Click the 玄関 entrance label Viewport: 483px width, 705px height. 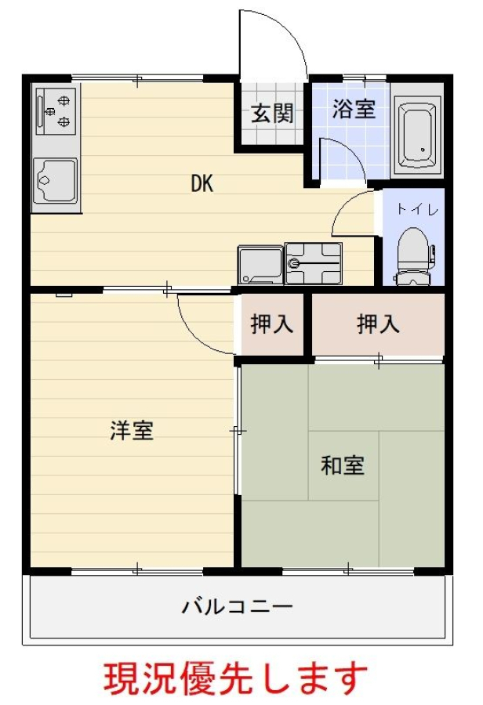[x=272, y=114]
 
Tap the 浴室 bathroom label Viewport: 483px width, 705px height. [x=354, y=108]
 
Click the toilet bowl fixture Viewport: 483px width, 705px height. [x=414, y=256]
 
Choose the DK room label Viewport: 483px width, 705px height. [x=202, y=183]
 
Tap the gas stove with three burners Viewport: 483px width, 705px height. [x=57, y=110]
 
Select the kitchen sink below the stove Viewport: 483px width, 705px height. [x=56, y=180]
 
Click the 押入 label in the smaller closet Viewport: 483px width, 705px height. [x=272, y=324]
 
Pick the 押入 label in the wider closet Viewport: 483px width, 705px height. [x=378, y=324]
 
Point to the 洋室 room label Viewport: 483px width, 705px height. [x=132, y=430]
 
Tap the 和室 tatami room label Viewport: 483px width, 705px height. [x=343, y=465]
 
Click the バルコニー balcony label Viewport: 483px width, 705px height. [x=237, y=607]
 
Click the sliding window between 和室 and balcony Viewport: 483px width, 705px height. [x=347, y=571]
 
